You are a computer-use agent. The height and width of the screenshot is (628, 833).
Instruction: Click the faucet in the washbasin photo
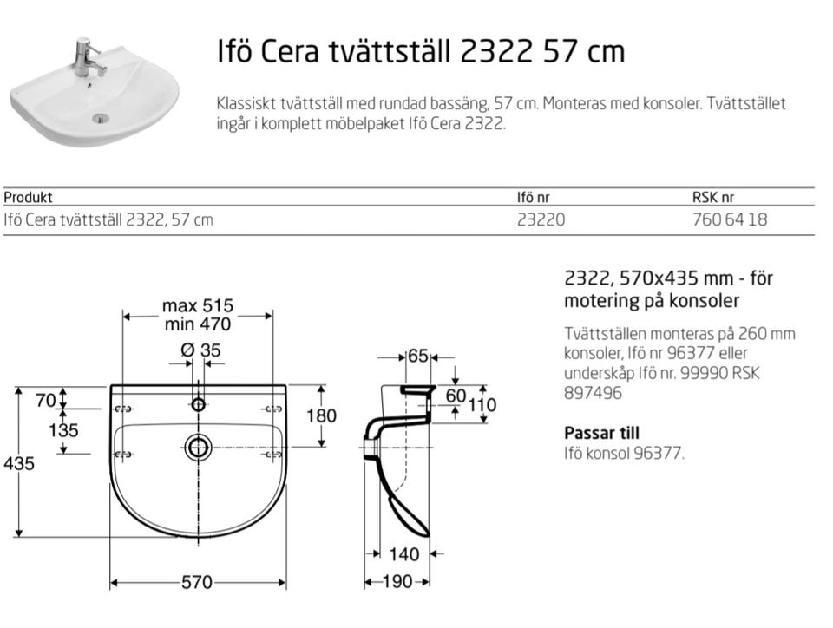pyautogui.click(x=85, y=56)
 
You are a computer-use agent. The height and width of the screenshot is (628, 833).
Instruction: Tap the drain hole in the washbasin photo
pyautogui.click(x=100, y=118)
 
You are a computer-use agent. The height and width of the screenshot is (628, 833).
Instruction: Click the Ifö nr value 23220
pyautogui.click(x=541, y=219)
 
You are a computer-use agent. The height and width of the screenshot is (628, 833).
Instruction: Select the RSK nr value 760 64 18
pyautogui.click(x=730, y=219)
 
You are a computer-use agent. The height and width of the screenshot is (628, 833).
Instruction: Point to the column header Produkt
pyautogui.click(x=28, y=198)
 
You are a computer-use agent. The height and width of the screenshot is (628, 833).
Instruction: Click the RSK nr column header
pyautogui.click(x=713, y=198)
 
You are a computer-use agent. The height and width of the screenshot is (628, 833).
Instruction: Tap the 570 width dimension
pyautogui.click(x=197, y=582)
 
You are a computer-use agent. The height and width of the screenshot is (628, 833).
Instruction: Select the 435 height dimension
pyautogui.click(x=19, y=463)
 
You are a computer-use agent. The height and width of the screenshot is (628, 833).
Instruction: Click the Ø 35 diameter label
pyautogui.click(x=200, y=350)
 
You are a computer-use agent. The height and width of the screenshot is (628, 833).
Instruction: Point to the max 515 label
pyautogui.click(x=198, y=306)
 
